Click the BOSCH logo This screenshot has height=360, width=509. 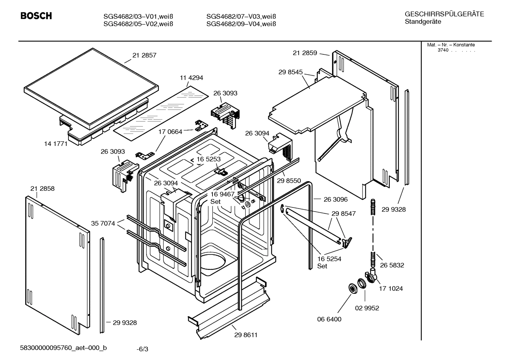coord(36,16)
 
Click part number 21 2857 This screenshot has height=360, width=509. coord(144,55)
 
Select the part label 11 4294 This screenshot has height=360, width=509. coord(191,78)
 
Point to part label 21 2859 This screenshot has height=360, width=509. coord(305,53)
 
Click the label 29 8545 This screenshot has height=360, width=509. coord(291,72)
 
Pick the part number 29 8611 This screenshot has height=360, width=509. coord(246,335)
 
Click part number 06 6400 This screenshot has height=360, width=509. coord(329,319)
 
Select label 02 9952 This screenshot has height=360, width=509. coord(367,308)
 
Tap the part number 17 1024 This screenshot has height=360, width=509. coord(391,289)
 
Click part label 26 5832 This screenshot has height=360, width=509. coord(392,265)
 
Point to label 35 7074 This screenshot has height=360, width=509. coord(103,223)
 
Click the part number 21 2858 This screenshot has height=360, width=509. coord(42,189)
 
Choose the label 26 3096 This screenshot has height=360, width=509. coord(335,199)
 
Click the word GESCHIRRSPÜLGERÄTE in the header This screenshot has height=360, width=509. coord(444,14)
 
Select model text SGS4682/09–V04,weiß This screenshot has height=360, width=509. coord(241,24)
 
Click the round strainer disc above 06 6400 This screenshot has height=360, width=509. coord(352,288)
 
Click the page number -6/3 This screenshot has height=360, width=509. coord(142,349)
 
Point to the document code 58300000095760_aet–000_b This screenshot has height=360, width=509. coord(64,348)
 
